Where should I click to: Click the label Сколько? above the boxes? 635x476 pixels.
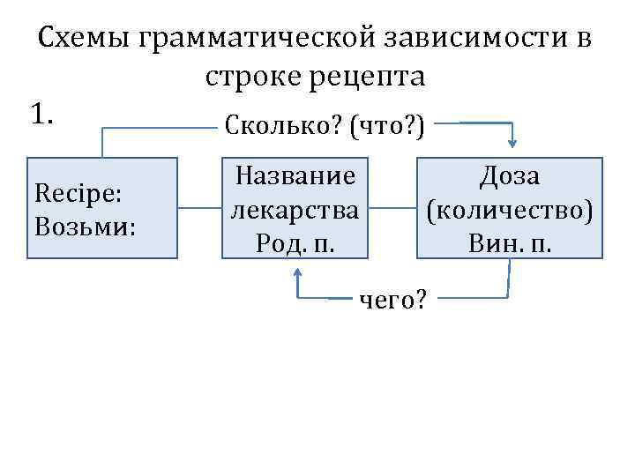(x=282, y=128)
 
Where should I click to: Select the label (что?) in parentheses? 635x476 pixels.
(x=386, y=128)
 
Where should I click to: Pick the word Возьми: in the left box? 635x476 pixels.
(x=85, y=227)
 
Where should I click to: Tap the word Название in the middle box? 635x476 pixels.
(x=295, y=175)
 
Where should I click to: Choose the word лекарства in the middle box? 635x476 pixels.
(x=295, y=210)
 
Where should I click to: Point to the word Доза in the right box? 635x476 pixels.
(x=510, y=175)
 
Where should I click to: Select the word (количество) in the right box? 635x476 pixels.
(x=510, y=210)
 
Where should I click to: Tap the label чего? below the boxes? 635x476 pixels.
(x=393, y=301)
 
